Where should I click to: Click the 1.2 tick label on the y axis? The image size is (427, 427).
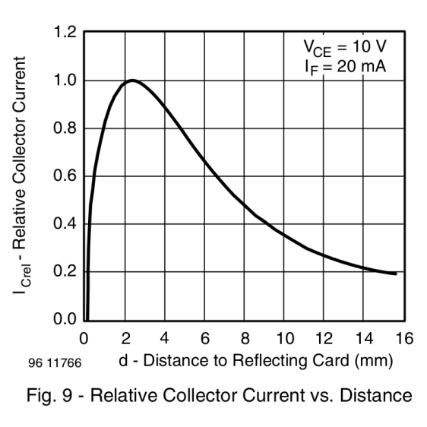point(66,33)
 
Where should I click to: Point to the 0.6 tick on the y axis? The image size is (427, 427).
point(66,176)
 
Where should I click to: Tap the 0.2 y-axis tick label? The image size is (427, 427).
point(66,272)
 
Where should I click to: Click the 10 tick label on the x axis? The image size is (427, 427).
point(286,338)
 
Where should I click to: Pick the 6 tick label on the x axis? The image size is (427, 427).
point(206,338)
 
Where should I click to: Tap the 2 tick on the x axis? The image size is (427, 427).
point(125,338)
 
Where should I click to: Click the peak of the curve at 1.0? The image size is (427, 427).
point(132,80)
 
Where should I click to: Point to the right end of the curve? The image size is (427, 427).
point(396,274)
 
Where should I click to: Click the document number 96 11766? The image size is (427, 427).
point(52,363)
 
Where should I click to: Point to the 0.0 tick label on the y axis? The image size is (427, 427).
point(66,320)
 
